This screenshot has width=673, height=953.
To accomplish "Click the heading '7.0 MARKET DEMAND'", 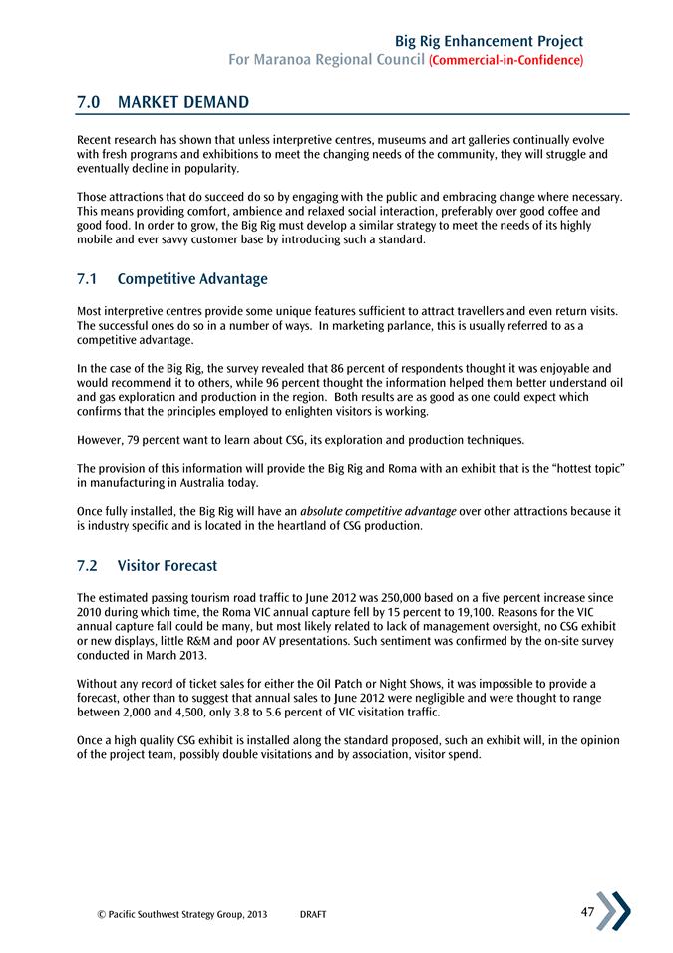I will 163,102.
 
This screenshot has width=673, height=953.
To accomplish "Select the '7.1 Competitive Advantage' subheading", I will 172,279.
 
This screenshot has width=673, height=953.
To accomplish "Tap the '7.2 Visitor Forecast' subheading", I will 147,566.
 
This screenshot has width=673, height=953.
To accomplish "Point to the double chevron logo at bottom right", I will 613,911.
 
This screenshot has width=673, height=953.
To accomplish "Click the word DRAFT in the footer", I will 313,914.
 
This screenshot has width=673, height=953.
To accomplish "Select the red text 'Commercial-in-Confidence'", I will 505,61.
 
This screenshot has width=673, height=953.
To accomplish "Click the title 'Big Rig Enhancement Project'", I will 489,41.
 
